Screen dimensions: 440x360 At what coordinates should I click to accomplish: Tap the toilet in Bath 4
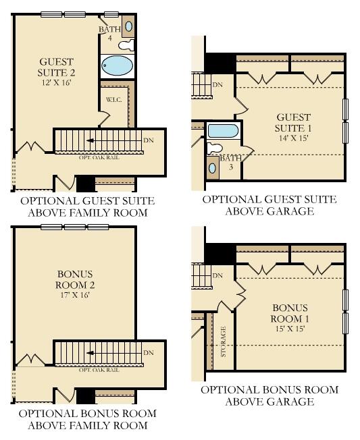coord(125,45)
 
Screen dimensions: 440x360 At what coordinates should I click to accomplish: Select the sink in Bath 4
coord(128,28)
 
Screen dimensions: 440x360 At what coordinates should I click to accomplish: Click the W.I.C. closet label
coord(112,100)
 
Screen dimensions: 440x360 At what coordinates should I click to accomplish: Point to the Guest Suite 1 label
coord(292,123)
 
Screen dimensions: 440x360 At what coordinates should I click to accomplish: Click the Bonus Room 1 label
coord(289,313)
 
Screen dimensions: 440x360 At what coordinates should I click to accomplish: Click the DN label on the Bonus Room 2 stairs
coord(149,352)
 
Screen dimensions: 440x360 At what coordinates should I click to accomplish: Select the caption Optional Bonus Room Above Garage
coord(269,395)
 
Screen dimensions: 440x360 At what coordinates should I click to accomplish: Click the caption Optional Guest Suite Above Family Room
coord(87,207)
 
